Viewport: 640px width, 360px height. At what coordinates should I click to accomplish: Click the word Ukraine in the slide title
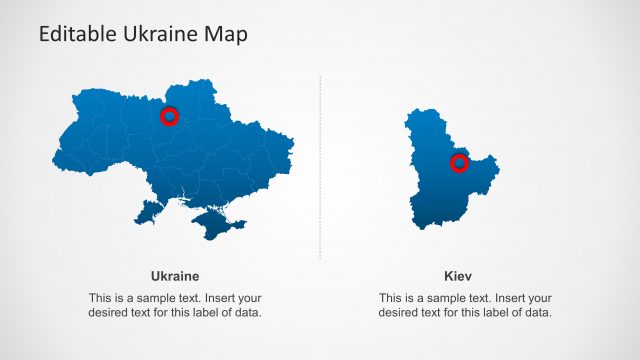point(156,34)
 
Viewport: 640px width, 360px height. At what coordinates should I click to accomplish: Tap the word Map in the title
point(225,34)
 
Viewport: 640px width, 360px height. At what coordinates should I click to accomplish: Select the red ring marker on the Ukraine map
point(169,117)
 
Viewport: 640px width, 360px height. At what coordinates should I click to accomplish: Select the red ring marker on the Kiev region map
point(459,163)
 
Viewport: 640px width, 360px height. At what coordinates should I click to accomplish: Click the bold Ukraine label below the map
point(175,276)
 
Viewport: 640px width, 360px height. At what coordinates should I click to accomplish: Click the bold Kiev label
point(458,276)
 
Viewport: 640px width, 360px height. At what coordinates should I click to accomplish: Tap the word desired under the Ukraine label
point(110,313)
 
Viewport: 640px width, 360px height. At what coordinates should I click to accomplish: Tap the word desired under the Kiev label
point(400,313)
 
